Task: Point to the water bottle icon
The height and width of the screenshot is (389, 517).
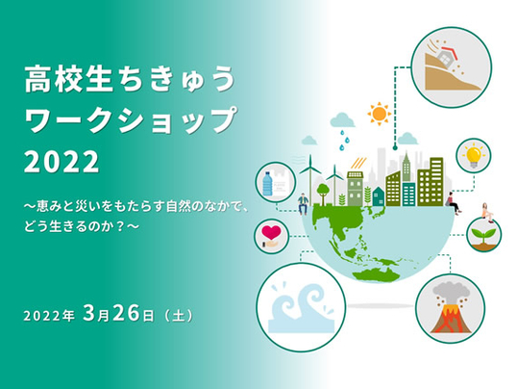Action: tap(268, 183)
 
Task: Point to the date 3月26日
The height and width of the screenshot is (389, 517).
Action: tap(121, 313)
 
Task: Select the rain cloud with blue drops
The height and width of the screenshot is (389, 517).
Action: tap(342, 123)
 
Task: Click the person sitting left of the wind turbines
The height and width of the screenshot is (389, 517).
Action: tap(303, 202)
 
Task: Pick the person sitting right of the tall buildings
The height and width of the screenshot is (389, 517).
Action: tap(453, 202)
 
